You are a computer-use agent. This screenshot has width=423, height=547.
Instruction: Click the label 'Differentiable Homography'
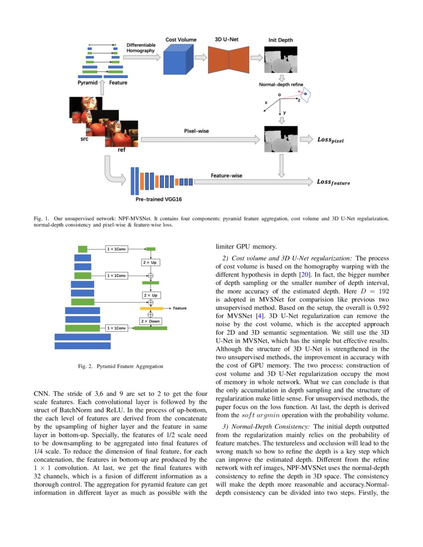click(141, 48)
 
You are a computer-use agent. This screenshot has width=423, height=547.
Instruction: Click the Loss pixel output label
click(330, 140)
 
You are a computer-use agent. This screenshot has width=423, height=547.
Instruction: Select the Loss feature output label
click(333, 182)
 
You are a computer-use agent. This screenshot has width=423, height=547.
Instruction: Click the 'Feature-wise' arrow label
click(226, 175)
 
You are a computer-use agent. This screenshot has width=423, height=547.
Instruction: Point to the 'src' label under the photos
click(84, 139)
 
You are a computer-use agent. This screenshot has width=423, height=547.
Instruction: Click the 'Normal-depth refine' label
click(281, 85)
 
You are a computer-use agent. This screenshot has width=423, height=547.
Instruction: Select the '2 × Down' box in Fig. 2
click(150, 321)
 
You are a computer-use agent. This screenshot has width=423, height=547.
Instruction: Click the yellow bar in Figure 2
click(151, 308)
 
